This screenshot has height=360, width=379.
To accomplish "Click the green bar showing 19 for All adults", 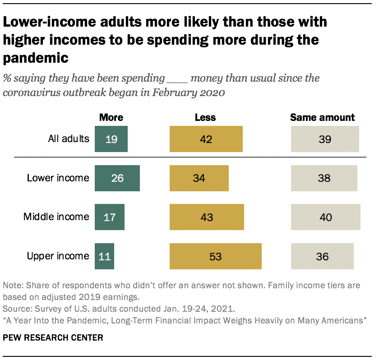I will coord(111,139).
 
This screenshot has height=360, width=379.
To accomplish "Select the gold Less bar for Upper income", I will coord(215,256).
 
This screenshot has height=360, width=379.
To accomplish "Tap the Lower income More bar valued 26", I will coord(117,178).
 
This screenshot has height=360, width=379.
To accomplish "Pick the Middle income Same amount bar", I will coord(325,217).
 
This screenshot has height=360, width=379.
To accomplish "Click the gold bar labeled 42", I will coord(206,139).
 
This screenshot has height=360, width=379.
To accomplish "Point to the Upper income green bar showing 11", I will coord(104,256).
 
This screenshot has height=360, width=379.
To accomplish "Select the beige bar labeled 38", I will coord(324,178).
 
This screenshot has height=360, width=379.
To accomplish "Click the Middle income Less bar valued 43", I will coord(207,217).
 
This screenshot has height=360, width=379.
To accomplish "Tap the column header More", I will coord(111,118).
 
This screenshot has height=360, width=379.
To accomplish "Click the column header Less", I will coord(205,118).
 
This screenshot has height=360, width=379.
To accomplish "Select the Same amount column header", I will coord(322,118).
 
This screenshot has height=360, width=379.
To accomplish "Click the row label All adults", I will coord(69,138).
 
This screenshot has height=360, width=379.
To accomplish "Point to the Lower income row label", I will coord(58,178).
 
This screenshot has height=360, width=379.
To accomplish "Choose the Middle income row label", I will coord(56,217).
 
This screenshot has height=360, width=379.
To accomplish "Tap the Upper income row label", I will coord(58,256).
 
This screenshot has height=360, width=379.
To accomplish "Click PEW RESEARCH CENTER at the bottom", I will coord(53,337).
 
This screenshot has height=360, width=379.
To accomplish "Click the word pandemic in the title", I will coord(36,58).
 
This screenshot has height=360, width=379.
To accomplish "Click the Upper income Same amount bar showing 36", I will coord(322,256).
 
